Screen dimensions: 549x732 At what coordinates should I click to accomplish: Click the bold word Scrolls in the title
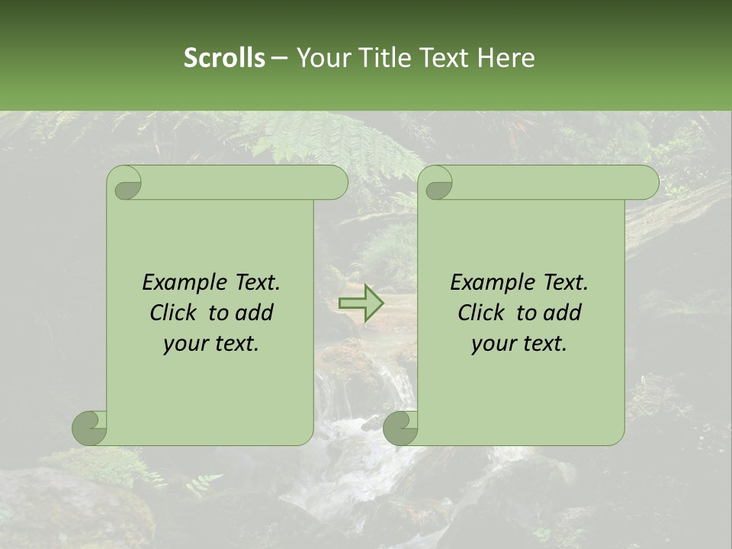(x=224, y=58)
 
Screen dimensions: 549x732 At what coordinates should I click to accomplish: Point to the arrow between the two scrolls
(x=361, y=303)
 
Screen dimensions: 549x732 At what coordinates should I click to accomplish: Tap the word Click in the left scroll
(x=175, y=313)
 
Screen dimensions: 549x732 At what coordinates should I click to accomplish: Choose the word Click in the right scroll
(x=483, y=313)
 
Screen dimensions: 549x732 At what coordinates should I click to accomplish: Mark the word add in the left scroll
(x=255, y=313)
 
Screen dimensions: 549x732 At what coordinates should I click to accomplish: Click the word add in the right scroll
(x=563, y=313)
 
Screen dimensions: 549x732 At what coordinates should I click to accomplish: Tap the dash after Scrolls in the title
(x=279, y=58)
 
